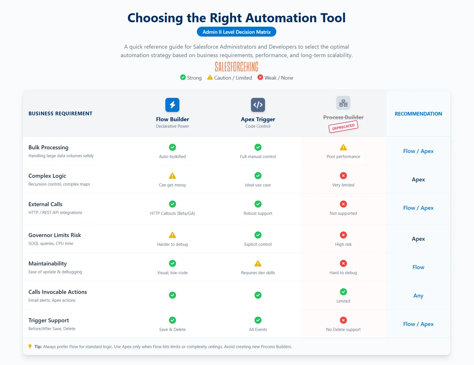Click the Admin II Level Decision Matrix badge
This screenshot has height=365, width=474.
pos(236,32)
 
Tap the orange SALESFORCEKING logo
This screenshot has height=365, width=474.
pos(236,67)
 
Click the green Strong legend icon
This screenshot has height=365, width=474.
pos(183,77)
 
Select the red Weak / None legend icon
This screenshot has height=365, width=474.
pos(260,77)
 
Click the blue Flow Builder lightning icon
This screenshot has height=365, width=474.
pos(172,105)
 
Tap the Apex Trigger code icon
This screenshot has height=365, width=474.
pos(258,105)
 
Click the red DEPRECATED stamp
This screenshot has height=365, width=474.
pos(343,127)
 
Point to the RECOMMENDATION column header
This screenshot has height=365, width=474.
pos(418,114)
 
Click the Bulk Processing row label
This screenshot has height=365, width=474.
pos(48,147)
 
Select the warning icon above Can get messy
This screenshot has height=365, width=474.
pos(172,176)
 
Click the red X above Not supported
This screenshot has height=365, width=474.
pos(343,204)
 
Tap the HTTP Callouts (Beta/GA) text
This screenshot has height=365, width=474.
pos(172,213)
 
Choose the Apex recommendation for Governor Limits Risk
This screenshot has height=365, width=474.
pos(418,239)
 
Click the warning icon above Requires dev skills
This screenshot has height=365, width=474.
pos(258,264)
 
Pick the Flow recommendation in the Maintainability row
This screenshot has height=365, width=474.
pos(418,267)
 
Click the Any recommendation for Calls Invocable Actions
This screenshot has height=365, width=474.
pos(418,296)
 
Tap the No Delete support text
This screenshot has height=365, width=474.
pos(343,329)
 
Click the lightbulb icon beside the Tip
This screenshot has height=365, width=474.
pos(30,346)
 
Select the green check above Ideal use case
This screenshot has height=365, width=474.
pos(258,176)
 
